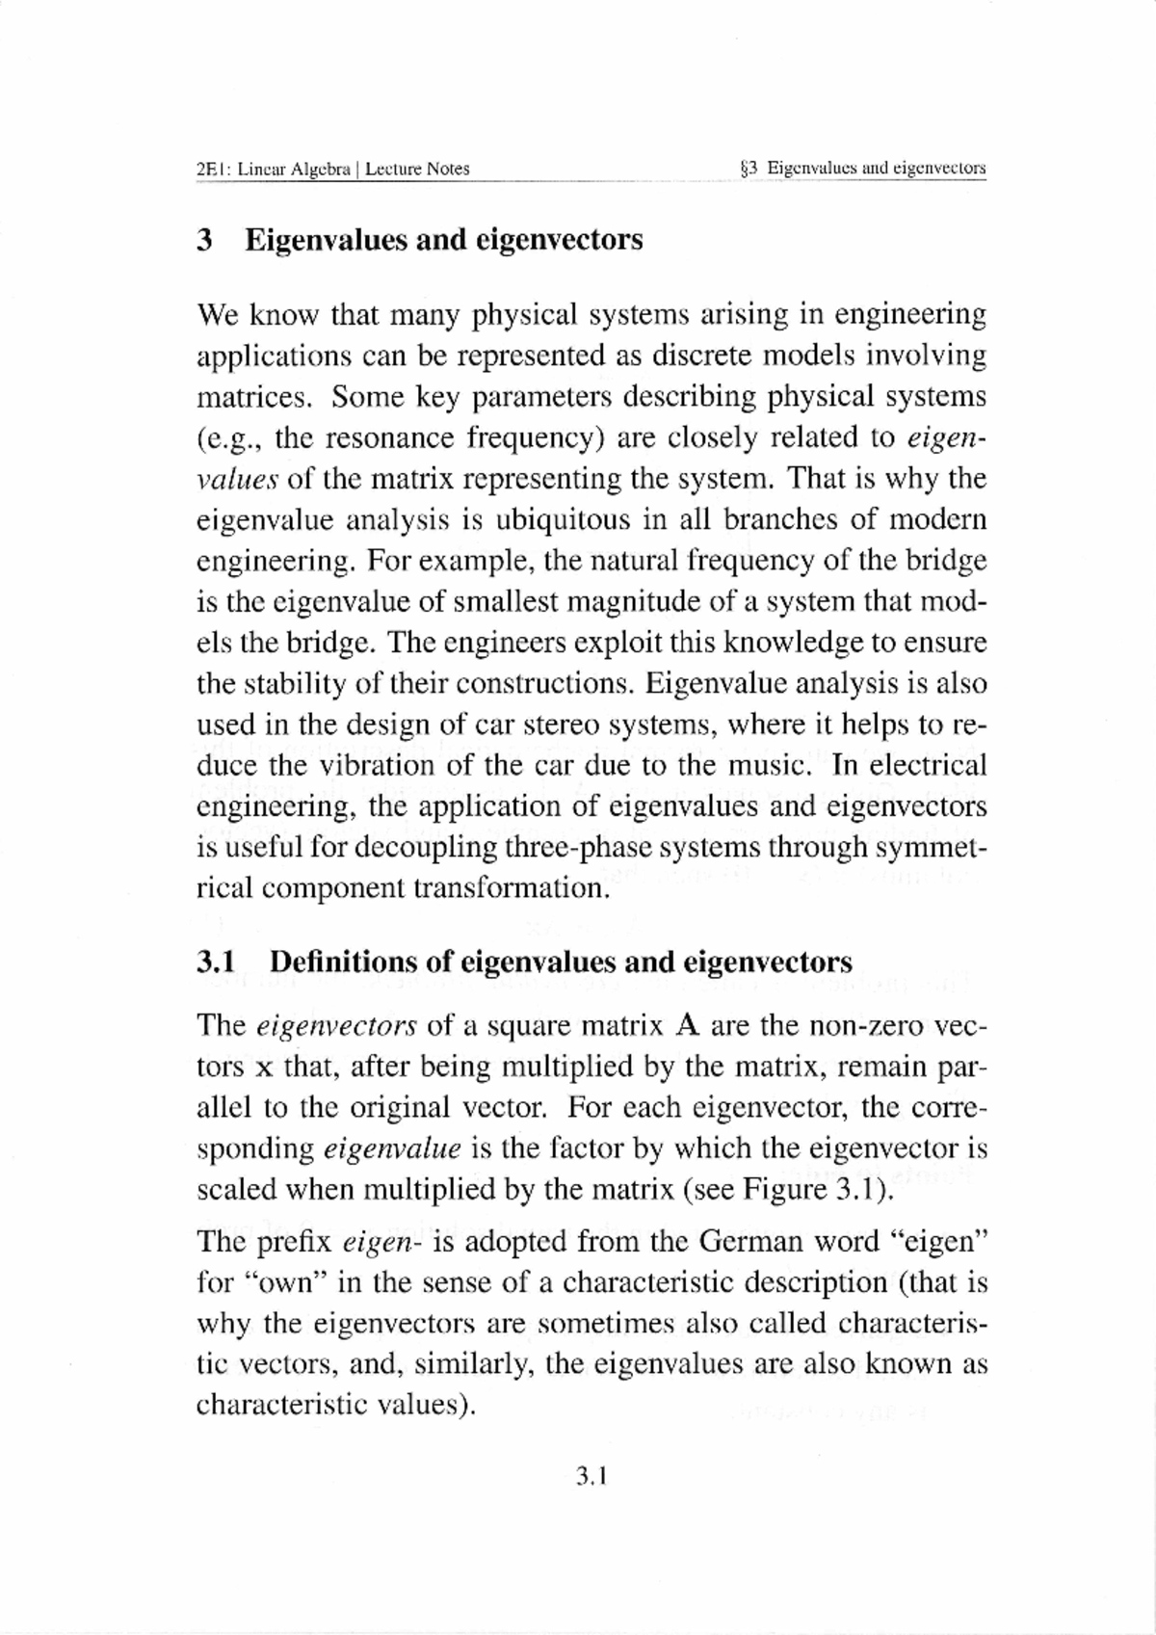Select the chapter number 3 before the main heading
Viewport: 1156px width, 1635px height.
(x=204, y=239)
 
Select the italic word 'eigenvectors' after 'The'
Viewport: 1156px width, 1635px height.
(x=336, y=1025)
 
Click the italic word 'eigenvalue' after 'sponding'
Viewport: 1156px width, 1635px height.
(x=392, y=1148)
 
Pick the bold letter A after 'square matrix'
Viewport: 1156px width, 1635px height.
(x=686, y=1025)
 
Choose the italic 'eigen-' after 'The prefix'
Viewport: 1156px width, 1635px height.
(x=377, y=1242)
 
